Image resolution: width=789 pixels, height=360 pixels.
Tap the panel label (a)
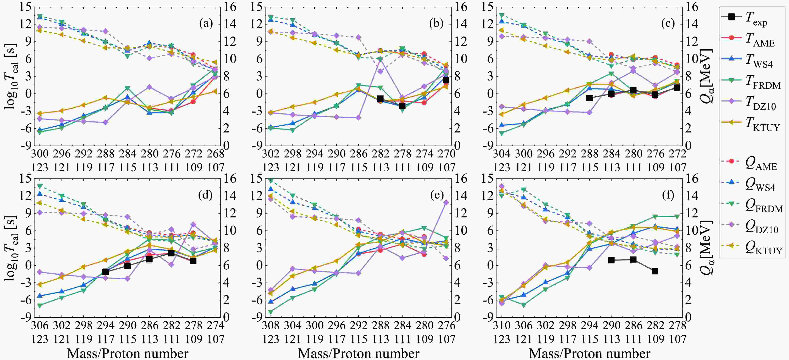pos(206,23)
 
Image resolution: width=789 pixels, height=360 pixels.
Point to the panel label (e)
pos(437,195)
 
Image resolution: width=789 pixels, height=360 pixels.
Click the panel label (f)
pos(668,195)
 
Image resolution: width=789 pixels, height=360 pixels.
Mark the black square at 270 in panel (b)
pos(446,80)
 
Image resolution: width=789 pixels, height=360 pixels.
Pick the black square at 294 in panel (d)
pos(106,272)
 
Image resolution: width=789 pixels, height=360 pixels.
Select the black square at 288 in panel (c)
pos(589,98)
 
